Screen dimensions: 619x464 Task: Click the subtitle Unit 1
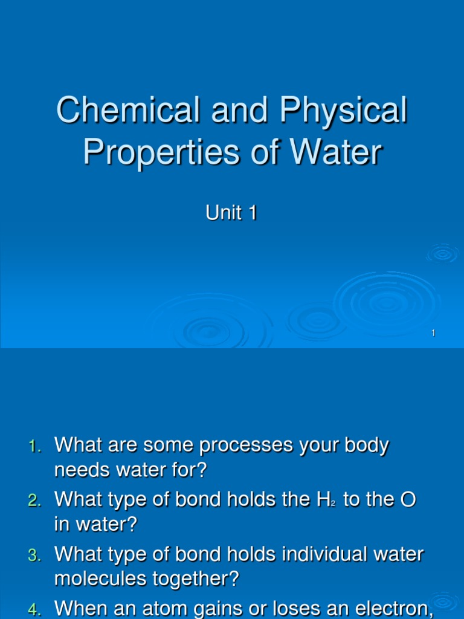(x=232, y=213)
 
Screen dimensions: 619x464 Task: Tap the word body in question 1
(x=365, y=446)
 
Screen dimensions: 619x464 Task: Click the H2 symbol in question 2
(x=323, y=500)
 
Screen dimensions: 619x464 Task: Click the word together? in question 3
(x=199, y=580)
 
